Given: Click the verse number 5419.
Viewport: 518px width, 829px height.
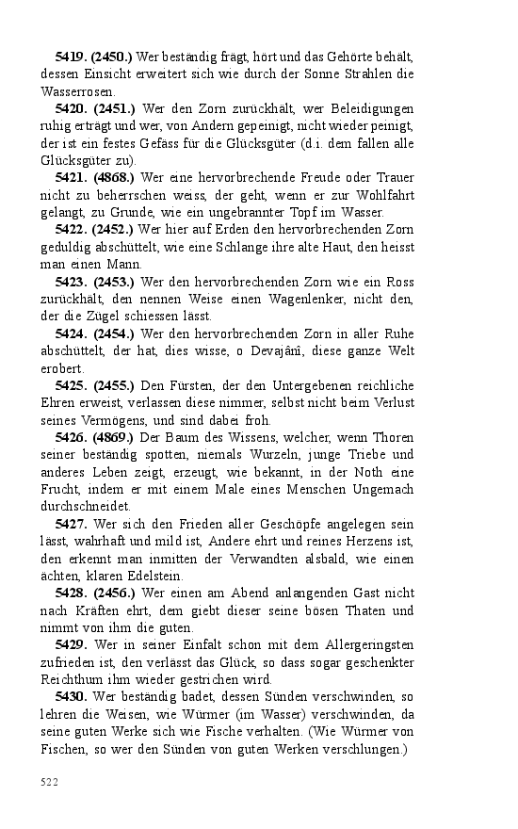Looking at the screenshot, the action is click(72, 57).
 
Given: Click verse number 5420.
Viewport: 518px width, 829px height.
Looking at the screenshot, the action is click(72, 109).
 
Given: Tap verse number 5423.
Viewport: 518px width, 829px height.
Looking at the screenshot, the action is click(72, 282).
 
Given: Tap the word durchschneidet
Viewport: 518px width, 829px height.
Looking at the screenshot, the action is click(87, 506).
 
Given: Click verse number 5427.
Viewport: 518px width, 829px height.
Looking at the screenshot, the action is click(72, 523).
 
